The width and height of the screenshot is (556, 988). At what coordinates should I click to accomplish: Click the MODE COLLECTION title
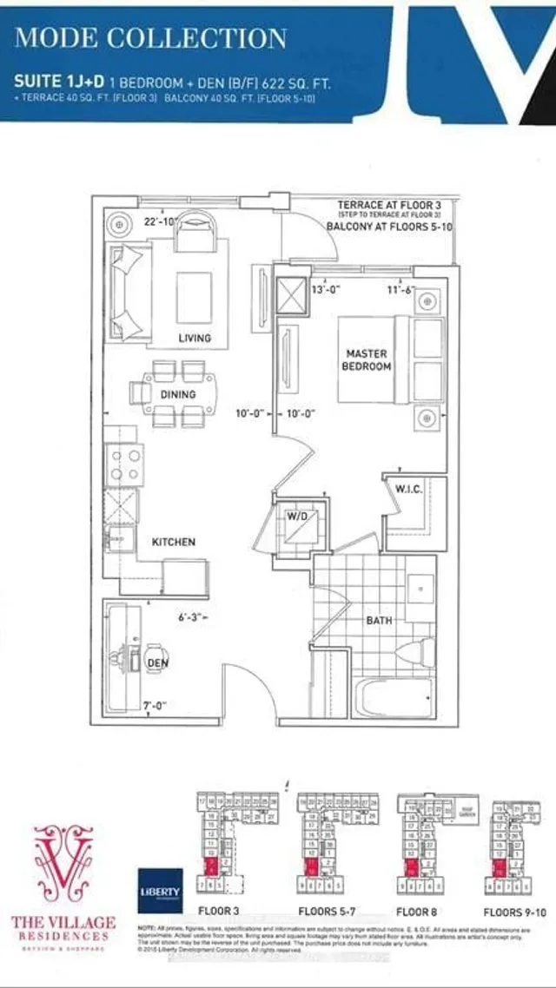(x=151, y=38)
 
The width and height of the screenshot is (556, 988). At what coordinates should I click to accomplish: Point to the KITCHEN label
(x=174, y=542)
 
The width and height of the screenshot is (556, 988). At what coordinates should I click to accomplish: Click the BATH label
(x=379, y=621)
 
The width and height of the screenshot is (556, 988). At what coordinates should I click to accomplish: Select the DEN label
(x=158, y=663)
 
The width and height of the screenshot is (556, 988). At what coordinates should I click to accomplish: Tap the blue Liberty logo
(x=160, y=891)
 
